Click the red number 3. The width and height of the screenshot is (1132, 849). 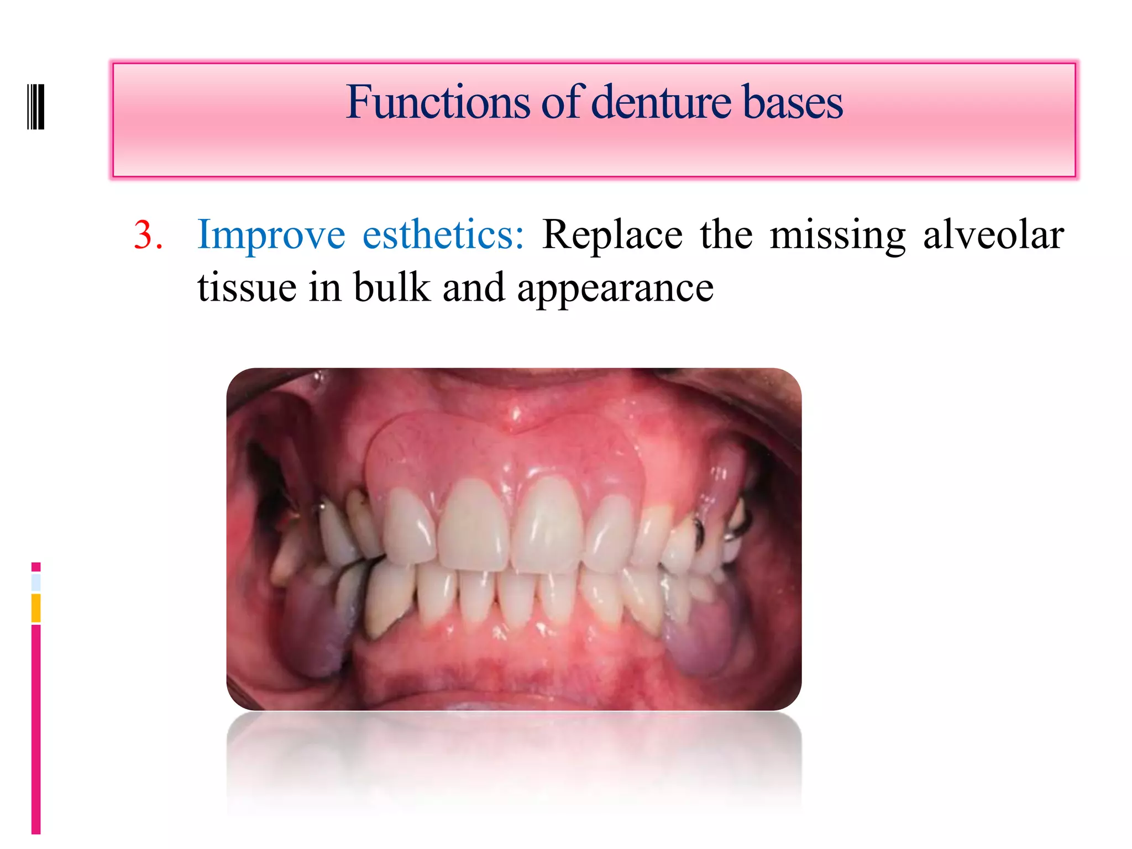click(x=148, y=235)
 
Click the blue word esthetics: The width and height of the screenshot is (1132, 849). click(x=443, y=235)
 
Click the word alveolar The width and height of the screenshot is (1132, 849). click(x=993, y=235)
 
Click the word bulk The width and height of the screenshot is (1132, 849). click(x=392, y=287)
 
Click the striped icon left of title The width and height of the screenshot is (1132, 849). click(x=36, y=106)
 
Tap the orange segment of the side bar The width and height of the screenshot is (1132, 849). click(x=36, y=607)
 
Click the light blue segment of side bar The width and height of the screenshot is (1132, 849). click(x=36, y=582)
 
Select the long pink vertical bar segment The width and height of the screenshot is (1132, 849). click(x=36, y=730)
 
